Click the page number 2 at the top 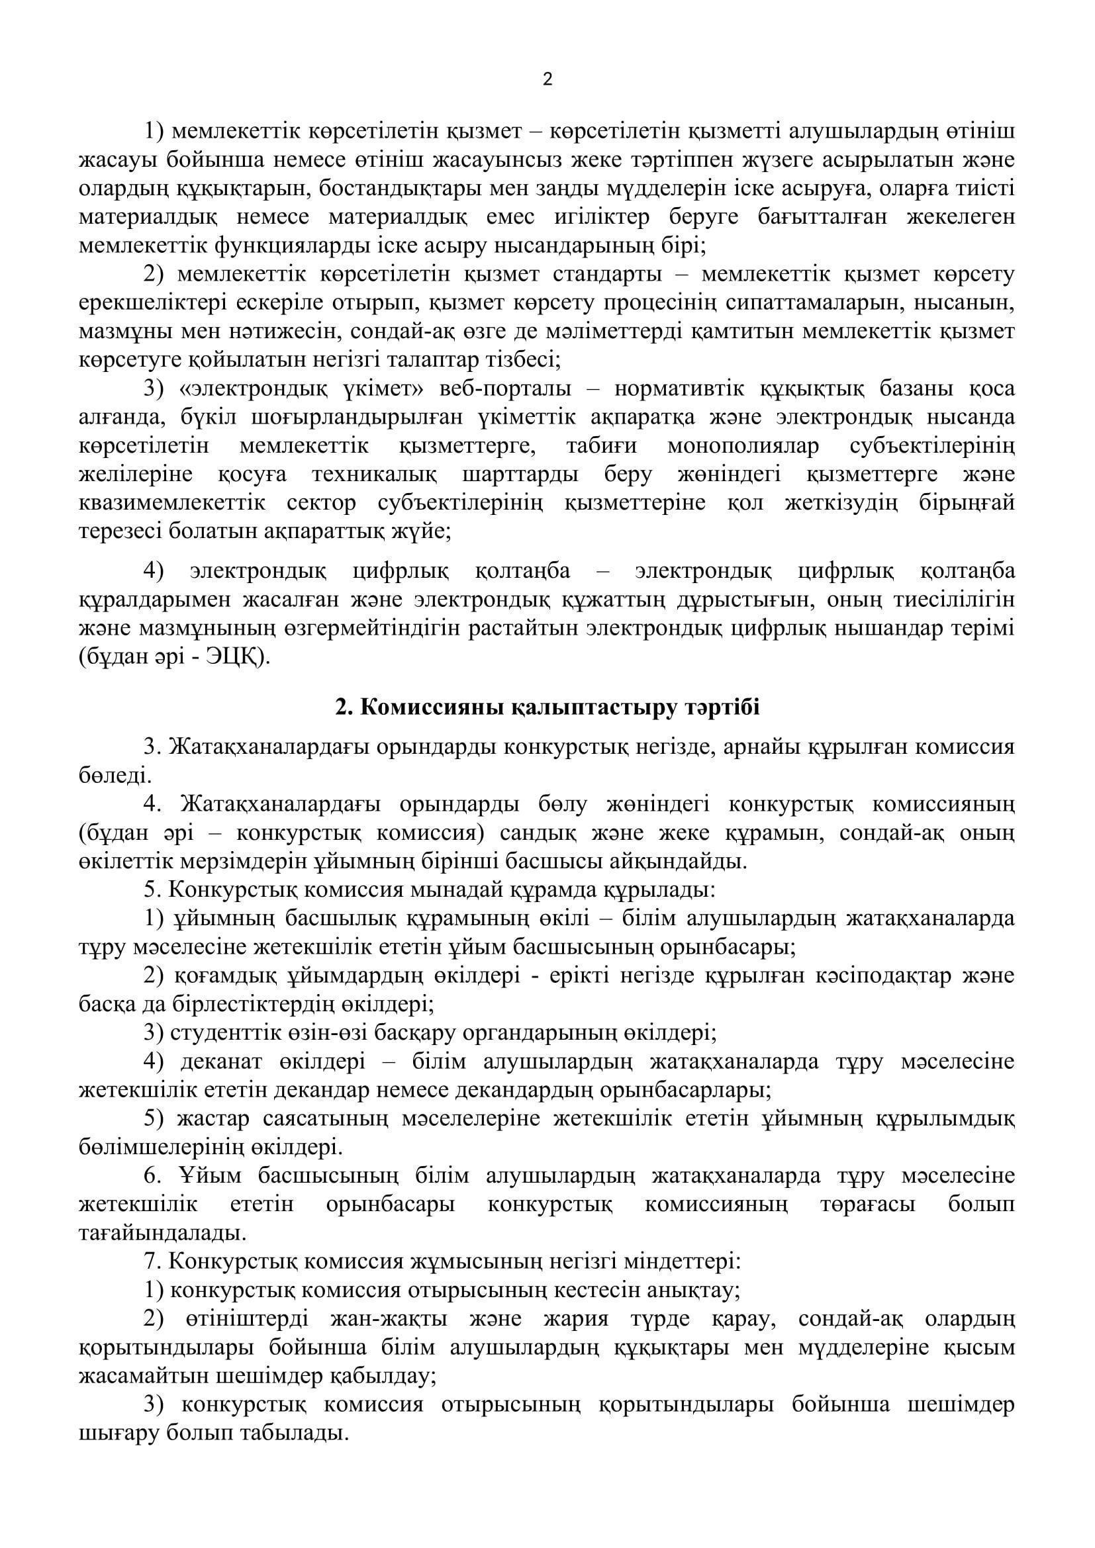(x=547, y=80)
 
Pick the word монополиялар (x=743, y=446)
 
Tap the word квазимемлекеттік (x=173, y=504)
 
